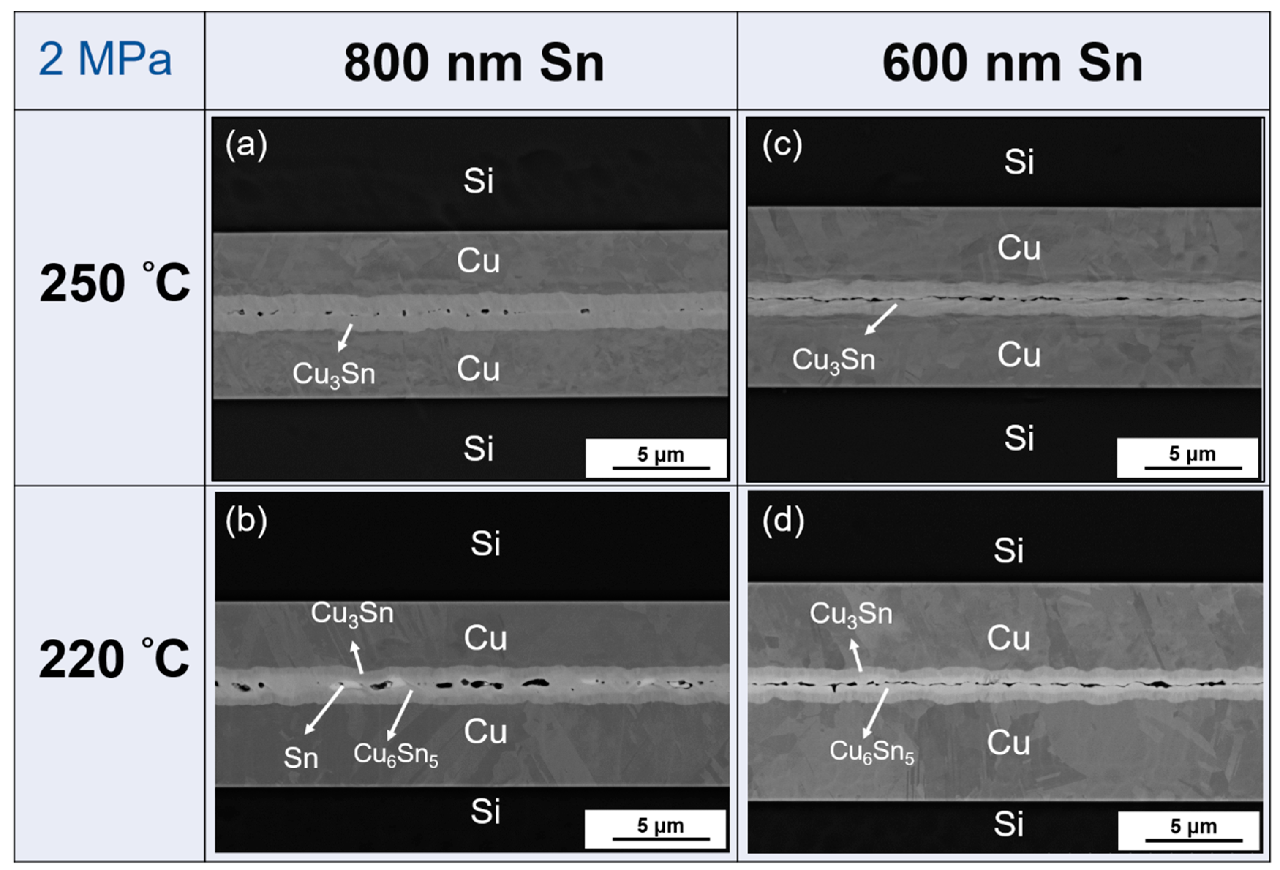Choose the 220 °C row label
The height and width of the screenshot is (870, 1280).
click(x=114, y=659)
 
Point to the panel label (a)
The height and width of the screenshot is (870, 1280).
click(x=246, y=146)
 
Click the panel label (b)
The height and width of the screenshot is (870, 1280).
click(x=246, y=520)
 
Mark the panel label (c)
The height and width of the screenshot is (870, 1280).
click(x=782, y=146)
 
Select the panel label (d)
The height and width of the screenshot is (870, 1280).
click(x=783, y=520)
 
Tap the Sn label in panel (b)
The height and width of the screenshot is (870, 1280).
click(x=301, y=758)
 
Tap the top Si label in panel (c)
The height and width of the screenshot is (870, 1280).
click(x=1019, y=162)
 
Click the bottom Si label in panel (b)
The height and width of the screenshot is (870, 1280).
click(x=485, y=811)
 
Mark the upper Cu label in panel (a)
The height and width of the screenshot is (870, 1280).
click(x=478, y=260)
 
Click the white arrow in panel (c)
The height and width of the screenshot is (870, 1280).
click(x=881, y=319)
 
